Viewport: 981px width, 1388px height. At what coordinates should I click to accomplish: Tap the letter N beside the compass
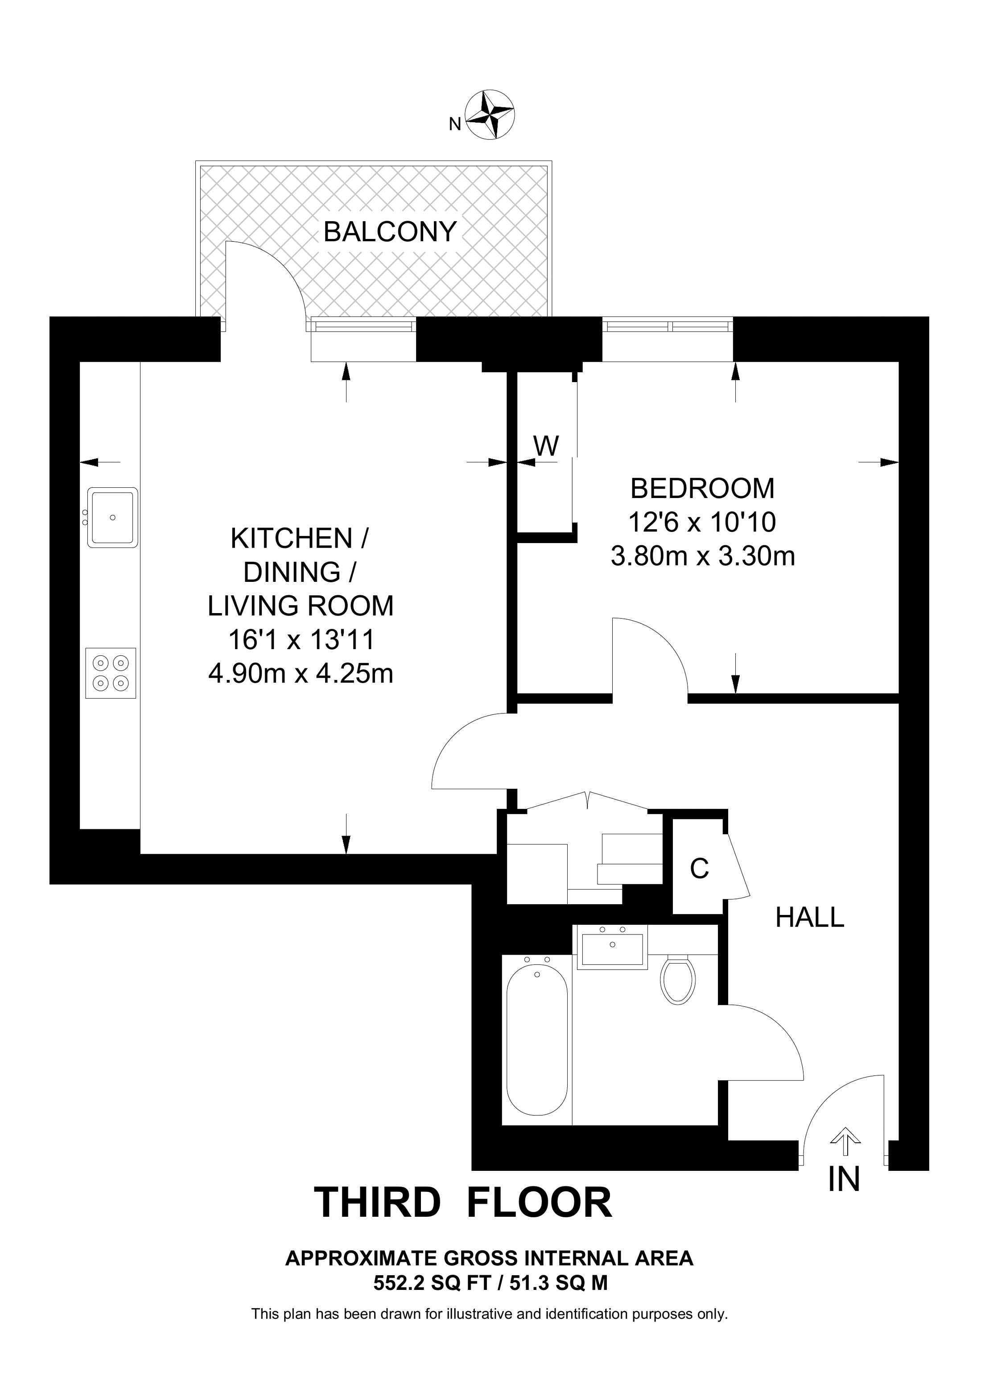pos(455,124)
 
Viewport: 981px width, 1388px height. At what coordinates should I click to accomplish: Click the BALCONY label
pos(390,231)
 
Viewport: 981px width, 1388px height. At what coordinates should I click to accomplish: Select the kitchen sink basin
pos(112,518)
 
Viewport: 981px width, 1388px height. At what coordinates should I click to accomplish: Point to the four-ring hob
pos(111,673)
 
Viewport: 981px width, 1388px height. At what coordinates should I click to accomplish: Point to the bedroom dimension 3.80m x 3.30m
pos(702,556)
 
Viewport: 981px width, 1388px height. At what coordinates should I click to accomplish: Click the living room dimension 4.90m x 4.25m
pos(301,673)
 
